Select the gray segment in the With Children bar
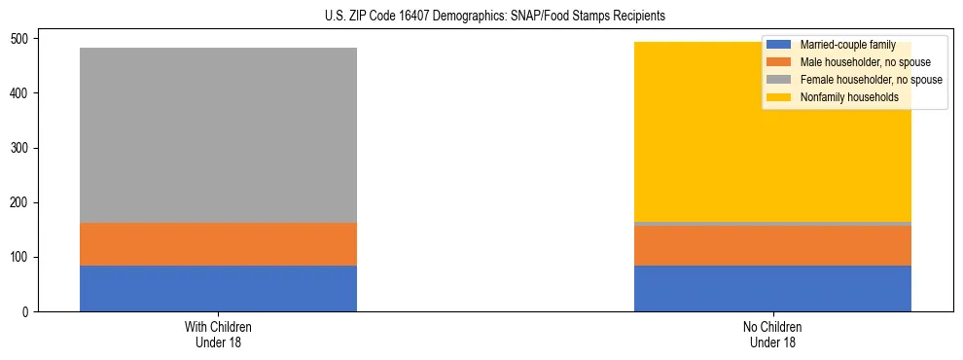tap(218, 135)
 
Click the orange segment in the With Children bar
tap(218, 244)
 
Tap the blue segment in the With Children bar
tap(218, 289)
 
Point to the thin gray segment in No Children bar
tap(772, 224)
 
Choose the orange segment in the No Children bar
tap(772, 246)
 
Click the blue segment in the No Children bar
tap(772, 289)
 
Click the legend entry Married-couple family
tap(845, 45)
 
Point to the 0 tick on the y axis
tap(31, 312)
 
